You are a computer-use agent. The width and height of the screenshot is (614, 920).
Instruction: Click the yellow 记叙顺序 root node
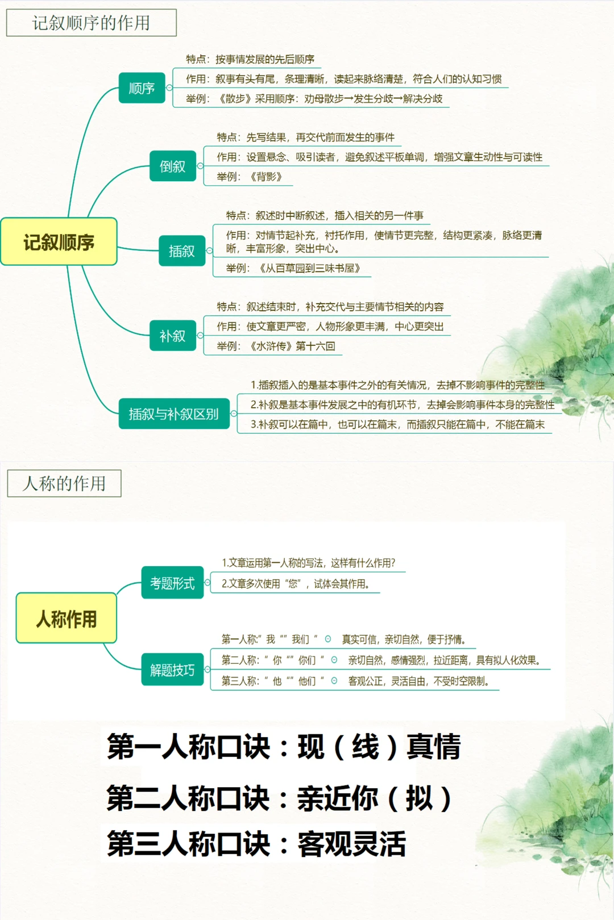(x=59, y=242)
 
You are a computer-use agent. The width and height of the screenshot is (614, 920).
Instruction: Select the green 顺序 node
(x=142, y=88)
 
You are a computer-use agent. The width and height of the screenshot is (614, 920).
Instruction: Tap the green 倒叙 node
(x=172, y=166)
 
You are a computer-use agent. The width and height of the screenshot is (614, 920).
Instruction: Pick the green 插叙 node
(x=181, y=250)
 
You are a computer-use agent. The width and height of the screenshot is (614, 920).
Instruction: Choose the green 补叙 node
(x=172, y=336)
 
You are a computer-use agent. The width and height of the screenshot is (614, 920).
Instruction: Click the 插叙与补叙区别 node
(x=173, y=413)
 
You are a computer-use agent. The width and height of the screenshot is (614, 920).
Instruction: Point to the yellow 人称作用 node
(x=67, y=618)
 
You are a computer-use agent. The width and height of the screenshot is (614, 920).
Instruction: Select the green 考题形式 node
(x=172, y=583)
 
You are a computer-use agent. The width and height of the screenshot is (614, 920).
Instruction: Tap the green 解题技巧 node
(x=172, y=670)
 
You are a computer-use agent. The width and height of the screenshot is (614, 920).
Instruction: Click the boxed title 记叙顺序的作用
(x=91, y=23)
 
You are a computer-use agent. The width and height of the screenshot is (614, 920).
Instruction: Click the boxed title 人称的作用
(x=64, y=483)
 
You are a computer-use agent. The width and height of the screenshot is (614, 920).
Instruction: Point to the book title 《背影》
(x=266, y=177)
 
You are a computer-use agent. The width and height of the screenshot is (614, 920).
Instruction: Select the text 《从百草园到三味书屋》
(x=310, y=268)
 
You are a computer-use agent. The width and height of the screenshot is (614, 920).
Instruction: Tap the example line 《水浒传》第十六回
(x=292, y=346)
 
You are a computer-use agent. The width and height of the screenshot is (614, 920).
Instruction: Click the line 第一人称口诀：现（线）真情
(x=283, y=746)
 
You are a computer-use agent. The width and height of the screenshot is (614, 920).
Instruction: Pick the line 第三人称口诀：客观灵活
(x=256, y=843)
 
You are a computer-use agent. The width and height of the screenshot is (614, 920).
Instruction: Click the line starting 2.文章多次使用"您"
(x=296, y=584)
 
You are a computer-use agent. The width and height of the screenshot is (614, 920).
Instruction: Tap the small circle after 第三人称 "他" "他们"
(x=334, y=680)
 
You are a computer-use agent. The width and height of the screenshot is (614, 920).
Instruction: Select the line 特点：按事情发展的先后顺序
(x=250, y=59)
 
